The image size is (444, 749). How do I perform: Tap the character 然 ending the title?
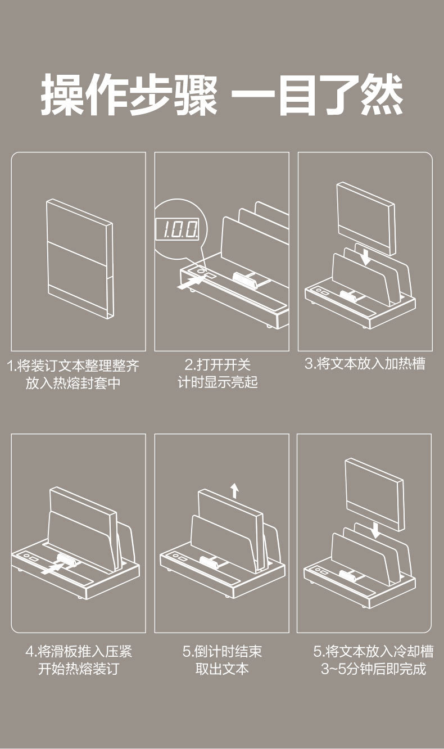click(382, 95)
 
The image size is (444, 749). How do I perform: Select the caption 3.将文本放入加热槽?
click(365, 364)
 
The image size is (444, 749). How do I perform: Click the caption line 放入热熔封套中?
click(73, 383)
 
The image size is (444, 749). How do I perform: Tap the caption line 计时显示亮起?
click(218, 382)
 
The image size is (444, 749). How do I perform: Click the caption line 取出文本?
click(222, 669)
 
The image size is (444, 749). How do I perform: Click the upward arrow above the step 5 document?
click(234, 491)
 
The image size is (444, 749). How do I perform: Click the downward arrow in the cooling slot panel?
click(375, 529)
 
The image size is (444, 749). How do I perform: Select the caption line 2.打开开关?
click(218, 364)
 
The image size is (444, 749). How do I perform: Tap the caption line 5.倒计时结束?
click(222, 652)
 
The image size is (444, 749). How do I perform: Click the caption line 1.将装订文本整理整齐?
click(73, 366)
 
